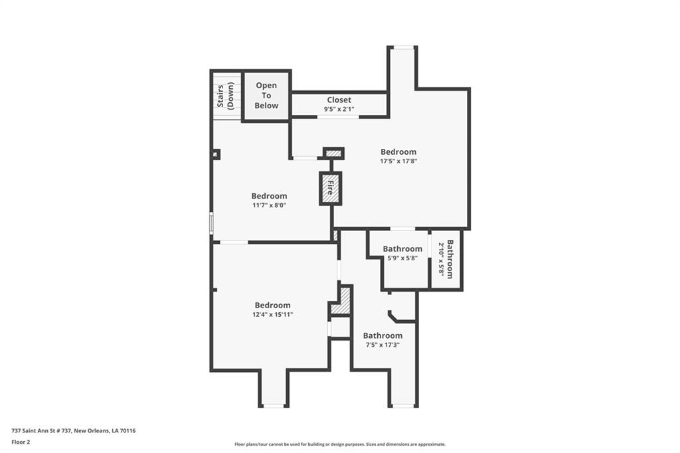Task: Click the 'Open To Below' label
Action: coord(266,96)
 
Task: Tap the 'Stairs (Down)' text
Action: coord(226,96)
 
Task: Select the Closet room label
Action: coord(339,100)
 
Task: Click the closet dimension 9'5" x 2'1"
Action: coord(339,110)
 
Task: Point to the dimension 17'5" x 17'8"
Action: coord(398,161)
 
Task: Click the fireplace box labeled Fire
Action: coord(331,189)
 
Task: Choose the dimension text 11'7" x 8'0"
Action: coord(270,205)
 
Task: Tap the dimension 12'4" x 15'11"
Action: coord(273,315)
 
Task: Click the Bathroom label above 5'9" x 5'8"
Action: coord(402,248)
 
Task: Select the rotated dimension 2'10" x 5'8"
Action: coord(441,259)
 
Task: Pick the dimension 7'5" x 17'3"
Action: coord(382,345)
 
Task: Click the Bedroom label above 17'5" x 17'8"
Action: coord(398,152)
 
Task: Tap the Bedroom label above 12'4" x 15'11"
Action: coord(273,306)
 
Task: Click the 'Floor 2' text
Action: coord(21,442)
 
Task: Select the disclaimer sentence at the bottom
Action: coord(340,444)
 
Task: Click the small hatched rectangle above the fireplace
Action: coord(334,153)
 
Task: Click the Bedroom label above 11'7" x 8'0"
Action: coord(270,196)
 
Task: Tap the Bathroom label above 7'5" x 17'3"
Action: coord(382,336)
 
